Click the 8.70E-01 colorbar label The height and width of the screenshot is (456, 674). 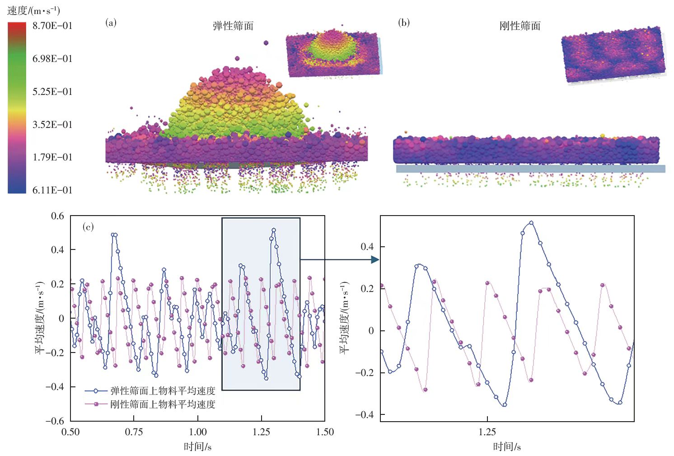[52, 26]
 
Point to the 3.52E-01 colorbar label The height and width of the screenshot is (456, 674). [52, 125]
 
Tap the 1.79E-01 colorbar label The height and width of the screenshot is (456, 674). [52, 157]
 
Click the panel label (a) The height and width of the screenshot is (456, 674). [111, 23]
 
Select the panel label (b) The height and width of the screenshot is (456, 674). [404, 23]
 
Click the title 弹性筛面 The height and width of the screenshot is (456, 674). [233, 26]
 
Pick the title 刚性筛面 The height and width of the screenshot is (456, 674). [520, 26]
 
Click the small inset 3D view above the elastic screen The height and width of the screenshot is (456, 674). [333, 53]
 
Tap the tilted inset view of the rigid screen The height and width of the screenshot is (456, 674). [613, 55]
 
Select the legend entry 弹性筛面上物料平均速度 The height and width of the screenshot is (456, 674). [163, 391]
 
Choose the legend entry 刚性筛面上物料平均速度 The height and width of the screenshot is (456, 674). [163, 404]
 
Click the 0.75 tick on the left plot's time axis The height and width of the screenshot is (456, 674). [134, 432]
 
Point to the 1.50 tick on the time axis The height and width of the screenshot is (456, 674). [325, 432]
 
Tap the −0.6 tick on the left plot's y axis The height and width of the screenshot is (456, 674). [55, 421]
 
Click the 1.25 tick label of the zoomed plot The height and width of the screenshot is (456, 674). [487, 432]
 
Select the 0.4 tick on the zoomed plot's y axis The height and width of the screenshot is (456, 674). [367, 247]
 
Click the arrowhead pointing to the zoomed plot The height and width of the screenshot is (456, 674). [375, 259]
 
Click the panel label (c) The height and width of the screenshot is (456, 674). [88, 227]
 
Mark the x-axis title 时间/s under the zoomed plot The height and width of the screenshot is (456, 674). [507, 447]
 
